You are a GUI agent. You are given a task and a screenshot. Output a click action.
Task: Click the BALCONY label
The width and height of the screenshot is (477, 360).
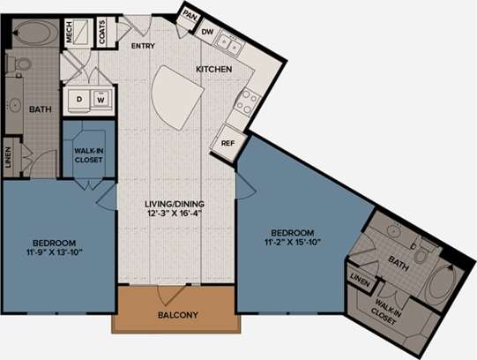pos(176,315)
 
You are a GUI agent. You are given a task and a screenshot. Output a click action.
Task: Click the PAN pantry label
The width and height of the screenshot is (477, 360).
pos(188,14)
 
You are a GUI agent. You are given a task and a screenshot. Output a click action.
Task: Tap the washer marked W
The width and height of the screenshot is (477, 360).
pos(101,99)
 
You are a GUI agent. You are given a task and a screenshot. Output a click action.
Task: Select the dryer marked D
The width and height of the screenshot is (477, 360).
pos(78,99)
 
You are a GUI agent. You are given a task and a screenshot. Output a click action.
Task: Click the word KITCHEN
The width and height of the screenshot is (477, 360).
pos(213,68)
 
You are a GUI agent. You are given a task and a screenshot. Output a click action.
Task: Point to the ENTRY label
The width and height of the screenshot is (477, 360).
pos(143,44)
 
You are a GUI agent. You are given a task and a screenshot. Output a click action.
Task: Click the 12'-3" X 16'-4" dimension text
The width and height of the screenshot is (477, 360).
pos(176,212)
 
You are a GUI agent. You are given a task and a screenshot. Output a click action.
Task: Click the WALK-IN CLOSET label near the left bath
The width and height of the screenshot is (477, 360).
pos(89,156)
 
